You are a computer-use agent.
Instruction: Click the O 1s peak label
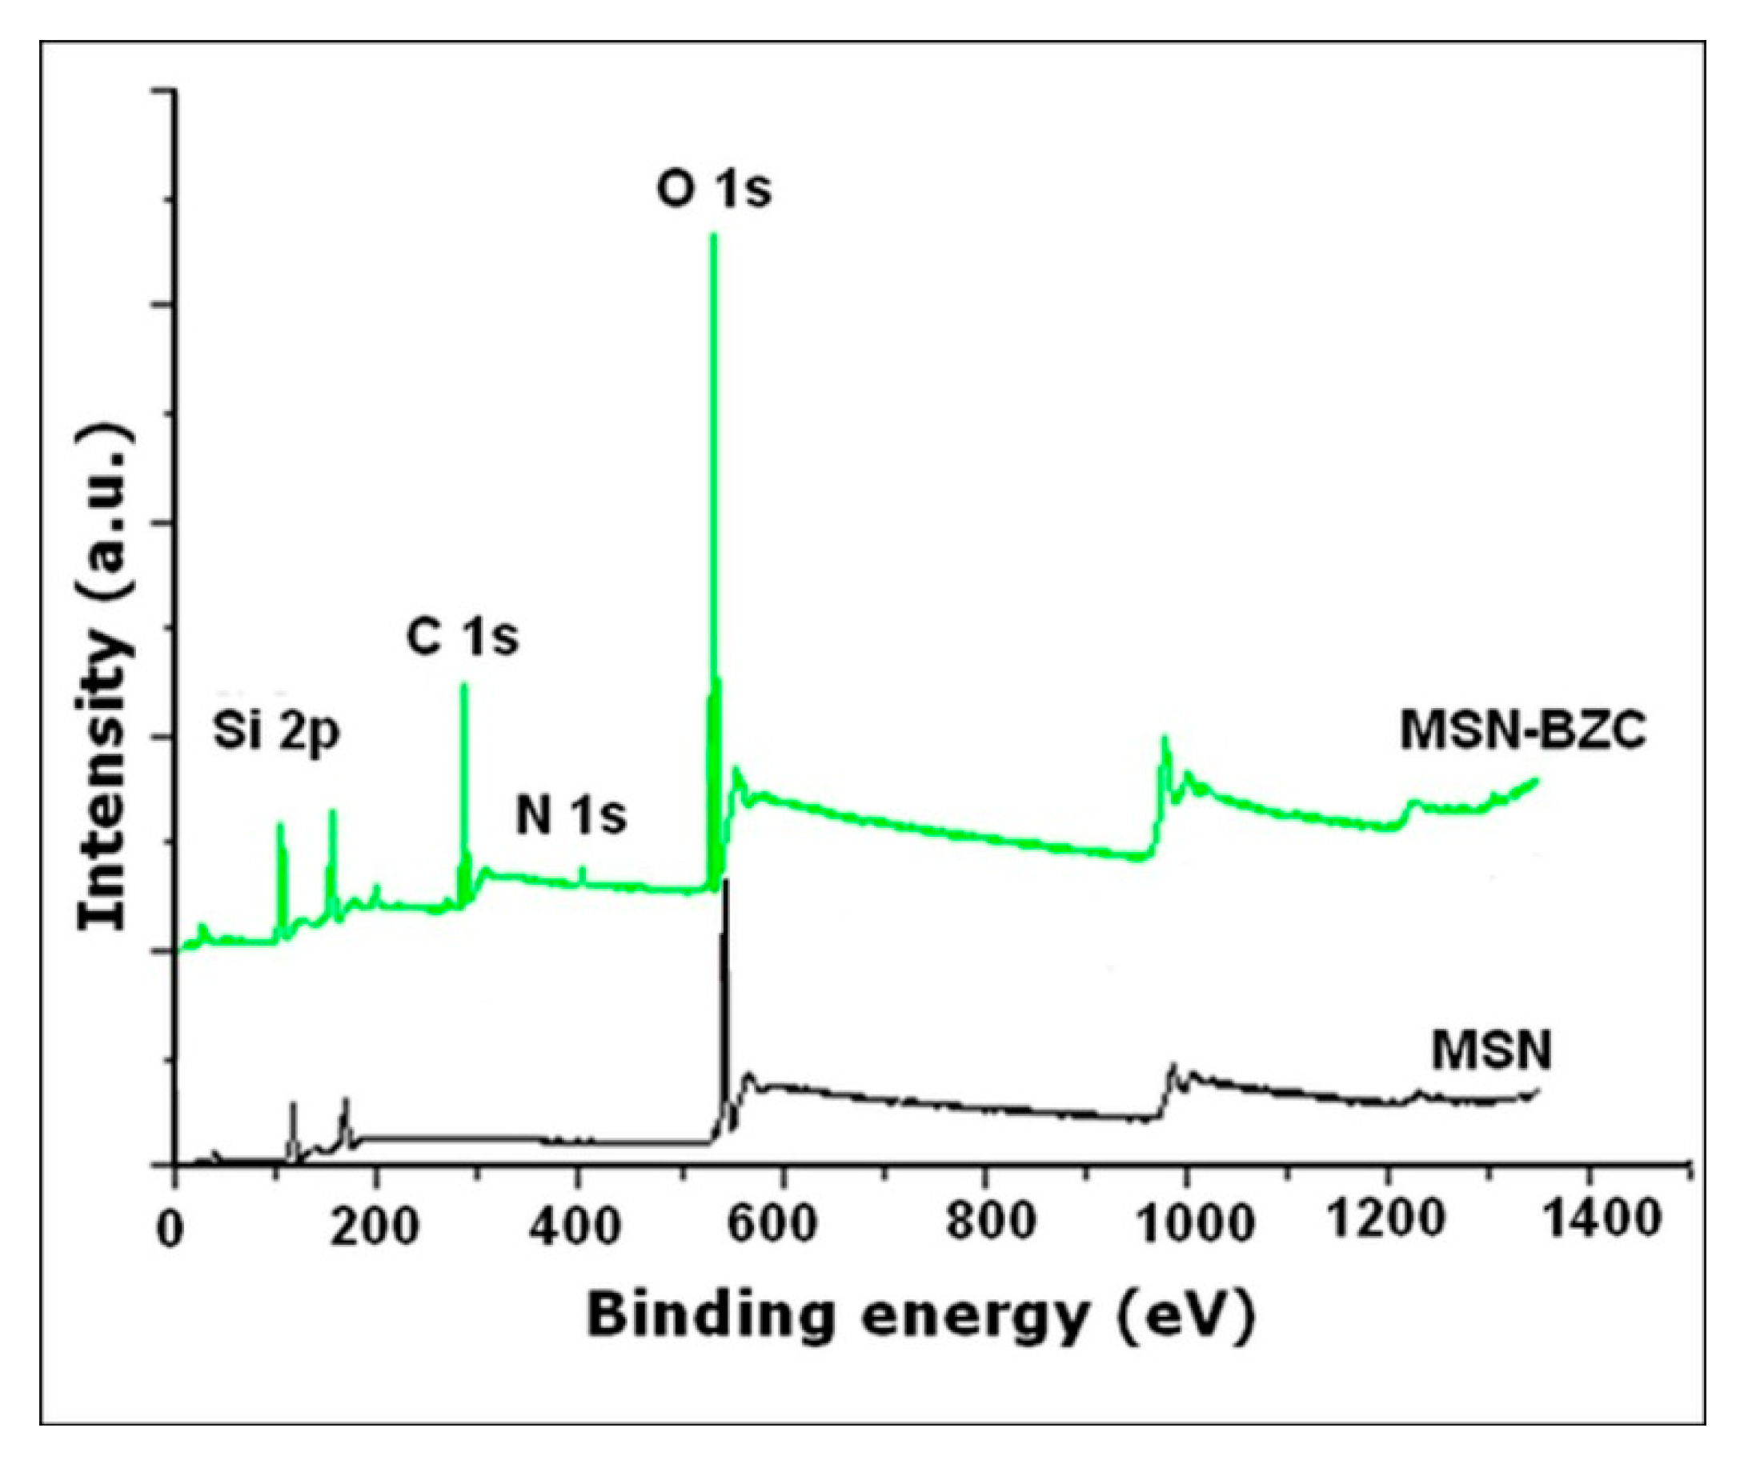tap(714, 190)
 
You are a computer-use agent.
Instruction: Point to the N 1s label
tap(571, 816)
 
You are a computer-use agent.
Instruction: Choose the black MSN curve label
tap(1491, 1051)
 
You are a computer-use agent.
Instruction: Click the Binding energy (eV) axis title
tap(920, 1316)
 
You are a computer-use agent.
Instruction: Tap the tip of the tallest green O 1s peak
tap(712, 236)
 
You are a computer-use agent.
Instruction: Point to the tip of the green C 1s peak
tap(464, 685)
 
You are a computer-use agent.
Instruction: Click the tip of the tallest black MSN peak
tap(727, 880)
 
